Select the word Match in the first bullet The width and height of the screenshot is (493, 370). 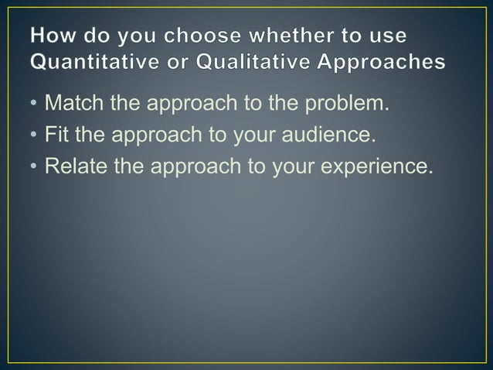(72, 104)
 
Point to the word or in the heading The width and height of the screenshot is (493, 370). (175, 63)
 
